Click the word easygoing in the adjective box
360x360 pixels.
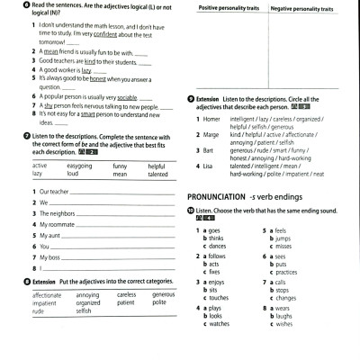click(79, 166)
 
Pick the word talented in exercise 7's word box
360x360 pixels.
click(158, 174)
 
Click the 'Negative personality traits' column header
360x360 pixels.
click(301, 8)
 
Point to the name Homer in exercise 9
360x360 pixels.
click(211, 118)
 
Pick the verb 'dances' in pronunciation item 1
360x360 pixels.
click(216, 246)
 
